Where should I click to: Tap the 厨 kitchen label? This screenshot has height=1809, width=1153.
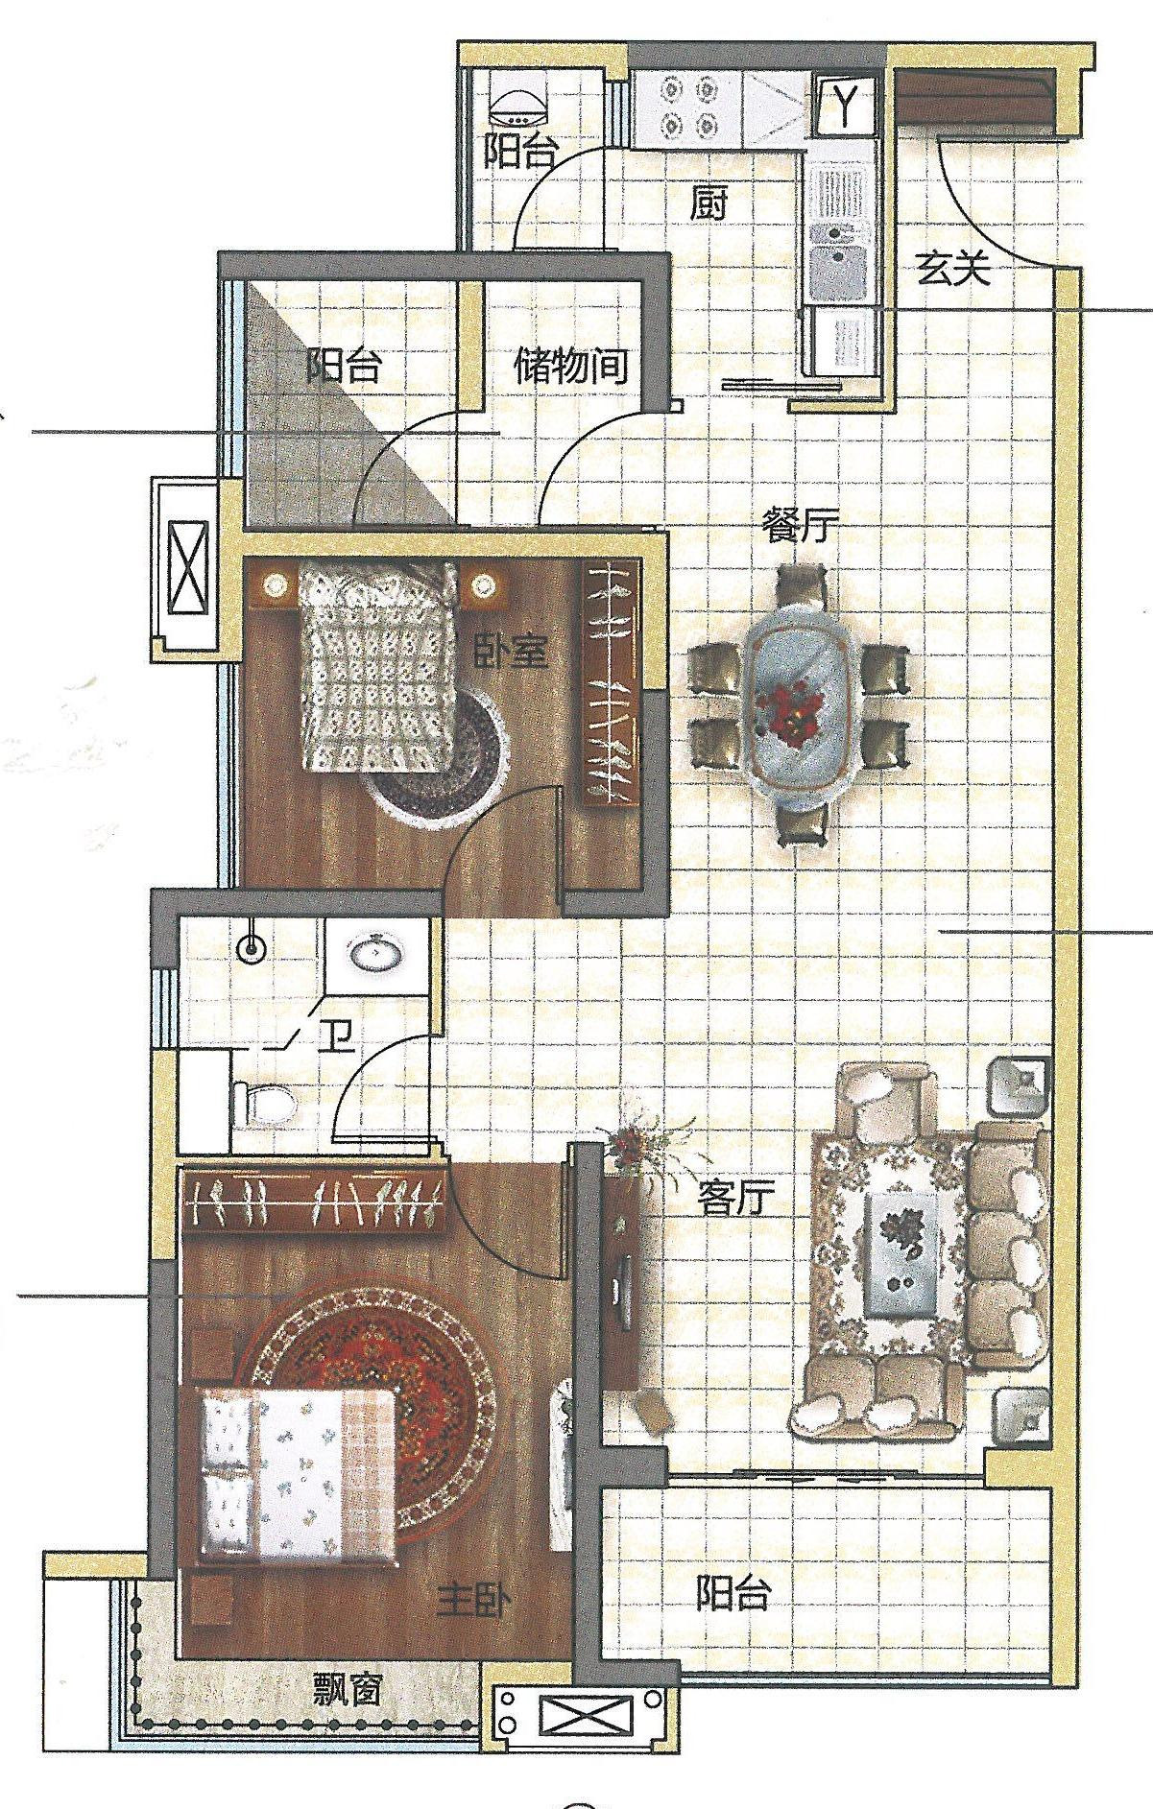pyautogui.click(x=709, y=204)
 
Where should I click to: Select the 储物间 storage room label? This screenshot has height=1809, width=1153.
pyautogui.click(x=571, y=367)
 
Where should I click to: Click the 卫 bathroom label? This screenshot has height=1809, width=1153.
pyautogui.click(x=336, y=1037)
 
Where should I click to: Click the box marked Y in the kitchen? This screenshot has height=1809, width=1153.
pyautogui.click(x=844, y=105)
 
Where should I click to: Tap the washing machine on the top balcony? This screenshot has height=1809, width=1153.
pyautogui.click(x=516, y=101)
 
